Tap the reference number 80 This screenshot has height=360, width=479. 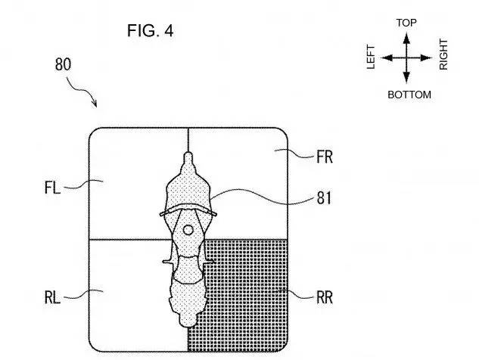point(64,64)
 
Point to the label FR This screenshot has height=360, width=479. point(325,157)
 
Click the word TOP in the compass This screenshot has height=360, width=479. point(407,23)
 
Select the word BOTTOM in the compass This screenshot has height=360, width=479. point(409,95)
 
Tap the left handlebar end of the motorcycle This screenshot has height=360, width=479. point(161,215)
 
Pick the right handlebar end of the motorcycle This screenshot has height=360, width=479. point(216,214)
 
